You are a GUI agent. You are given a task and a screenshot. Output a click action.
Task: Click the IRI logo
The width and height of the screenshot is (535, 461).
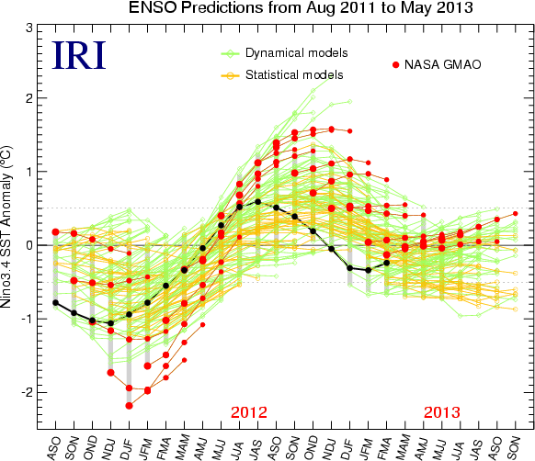(79, 55)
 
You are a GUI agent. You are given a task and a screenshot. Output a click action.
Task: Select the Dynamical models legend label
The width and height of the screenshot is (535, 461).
(297, 53)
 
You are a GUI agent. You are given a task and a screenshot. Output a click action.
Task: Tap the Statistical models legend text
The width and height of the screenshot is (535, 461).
(294, 75)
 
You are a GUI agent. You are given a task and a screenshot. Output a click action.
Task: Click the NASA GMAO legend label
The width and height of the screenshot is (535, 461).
(442, 64)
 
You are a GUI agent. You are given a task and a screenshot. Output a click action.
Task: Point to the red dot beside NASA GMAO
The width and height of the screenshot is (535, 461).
(396, 65)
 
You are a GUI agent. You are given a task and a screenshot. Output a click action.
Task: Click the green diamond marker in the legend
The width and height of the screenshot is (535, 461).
(231, 53)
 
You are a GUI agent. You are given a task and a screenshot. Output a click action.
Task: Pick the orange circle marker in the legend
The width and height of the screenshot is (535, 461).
(231, 75)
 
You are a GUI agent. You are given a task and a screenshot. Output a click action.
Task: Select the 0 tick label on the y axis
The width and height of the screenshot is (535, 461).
(29, 245)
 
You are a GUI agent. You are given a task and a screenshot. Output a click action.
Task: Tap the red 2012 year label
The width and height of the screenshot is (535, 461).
(249, 412)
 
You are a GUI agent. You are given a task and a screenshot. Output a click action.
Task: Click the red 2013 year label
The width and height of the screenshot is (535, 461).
(442, 412)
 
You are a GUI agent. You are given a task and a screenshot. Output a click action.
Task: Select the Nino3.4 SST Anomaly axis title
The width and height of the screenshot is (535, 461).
(6, 227)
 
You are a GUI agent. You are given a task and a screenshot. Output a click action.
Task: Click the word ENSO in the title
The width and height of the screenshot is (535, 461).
(153, 7)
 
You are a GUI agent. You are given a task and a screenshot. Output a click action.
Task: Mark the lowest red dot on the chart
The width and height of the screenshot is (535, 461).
(129, 406)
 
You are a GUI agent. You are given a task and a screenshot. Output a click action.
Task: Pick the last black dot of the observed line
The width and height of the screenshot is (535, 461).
(387, 263)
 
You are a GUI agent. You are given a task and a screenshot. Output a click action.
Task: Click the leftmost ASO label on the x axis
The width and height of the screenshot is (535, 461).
(55, 447)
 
